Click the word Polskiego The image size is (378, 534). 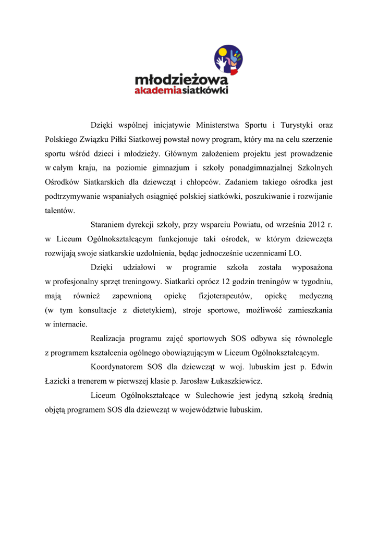click(62, 140)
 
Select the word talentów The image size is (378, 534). click(60, 211)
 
